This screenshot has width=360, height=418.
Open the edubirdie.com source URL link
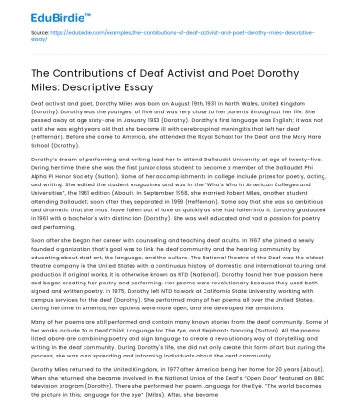pyautogui.click(x=182, y=44)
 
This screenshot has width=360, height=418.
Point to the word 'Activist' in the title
pyautogui.click(x=194, y=78)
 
